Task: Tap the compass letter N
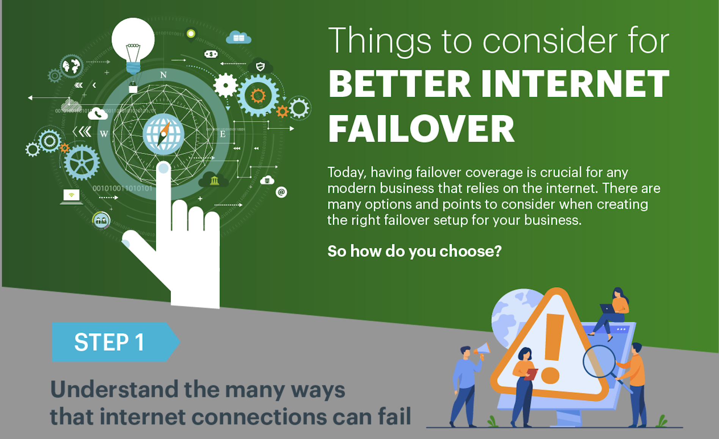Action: (x=163, y=75)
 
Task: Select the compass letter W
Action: (x=104, y=134)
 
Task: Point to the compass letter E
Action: (x=223, y=134)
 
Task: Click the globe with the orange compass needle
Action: (x=163, y=134)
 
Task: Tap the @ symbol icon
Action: (x=281, y=192)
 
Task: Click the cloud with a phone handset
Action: (x=97, y=114)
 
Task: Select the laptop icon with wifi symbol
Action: (x=71, y=196)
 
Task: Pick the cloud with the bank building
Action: (x=214, y=180)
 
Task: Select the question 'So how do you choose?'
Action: (x=414, y=251)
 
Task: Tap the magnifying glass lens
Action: (x=599, y=361)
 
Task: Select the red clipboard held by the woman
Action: (x=531, y=374)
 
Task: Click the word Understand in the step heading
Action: (x=114, y=390)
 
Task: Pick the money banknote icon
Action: (x=211, y=54)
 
